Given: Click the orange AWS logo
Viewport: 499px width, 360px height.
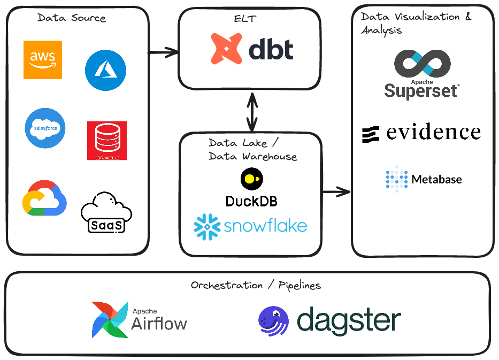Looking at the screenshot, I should [43, 60].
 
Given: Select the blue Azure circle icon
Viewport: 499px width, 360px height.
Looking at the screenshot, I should [105, 70].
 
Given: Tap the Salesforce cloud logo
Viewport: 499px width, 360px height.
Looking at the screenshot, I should [45, 128].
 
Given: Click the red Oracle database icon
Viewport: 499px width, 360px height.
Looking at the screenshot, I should [107, 141].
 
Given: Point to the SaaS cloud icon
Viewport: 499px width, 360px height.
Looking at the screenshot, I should [106, 212].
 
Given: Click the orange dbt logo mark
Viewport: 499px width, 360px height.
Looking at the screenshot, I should [227, 49].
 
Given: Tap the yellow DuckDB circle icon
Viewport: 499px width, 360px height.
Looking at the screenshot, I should [251, 179].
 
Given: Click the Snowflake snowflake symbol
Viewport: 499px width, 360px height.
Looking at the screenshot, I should [207, 226].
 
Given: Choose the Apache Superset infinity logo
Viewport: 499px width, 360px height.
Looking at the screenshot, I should [421, 64].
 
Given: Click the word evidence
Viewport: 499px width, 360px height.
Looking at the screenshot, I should [433, 132].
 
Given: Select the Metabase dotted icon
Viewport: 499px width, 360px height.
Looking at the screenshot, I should [396, 179].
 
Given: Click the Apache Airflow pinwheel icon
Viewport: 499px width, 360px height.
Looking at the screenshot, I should [110, 319].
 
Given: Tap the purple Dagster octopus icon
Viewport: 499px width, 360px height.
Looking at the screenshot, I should [273, 321].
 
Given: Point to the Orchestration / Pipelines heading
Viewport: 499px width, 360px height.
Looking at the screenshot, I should [256, 285].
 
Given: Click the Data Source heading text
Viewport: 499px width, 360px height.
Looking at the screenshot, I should [72, 18].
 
